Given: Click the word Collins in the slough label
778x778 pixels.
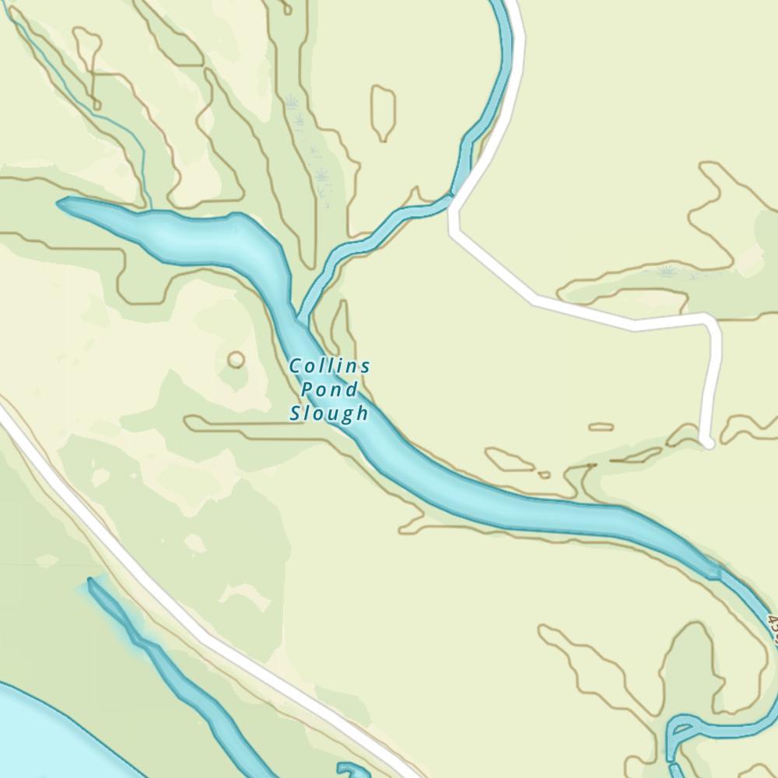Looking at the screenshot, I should coord(330,366).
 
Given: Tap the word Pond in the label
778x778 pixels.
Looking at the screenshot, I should coord(330,389).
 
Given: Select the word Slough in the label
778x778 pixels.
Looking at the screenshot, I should coord(329,412).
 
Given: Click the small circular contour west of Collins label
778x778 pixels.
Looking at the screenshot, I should coord(236,359).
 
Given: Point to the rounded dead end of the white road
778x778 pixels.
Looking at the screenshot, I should coord(707,442).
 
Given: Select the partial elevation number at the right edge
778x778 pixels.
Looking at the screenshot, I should coord(773,627).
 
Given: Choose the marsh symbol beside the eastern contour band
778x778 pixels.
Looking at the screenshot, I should coord(666,271).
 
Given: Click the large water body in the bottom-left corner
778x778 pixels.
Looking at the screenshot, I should coord(31,731).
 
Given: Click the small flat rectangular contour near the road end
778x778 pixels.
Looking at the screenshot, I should coord(601,426).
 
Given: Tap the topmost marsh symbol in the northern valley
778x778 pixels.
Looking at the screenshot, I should coord(293,101).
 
